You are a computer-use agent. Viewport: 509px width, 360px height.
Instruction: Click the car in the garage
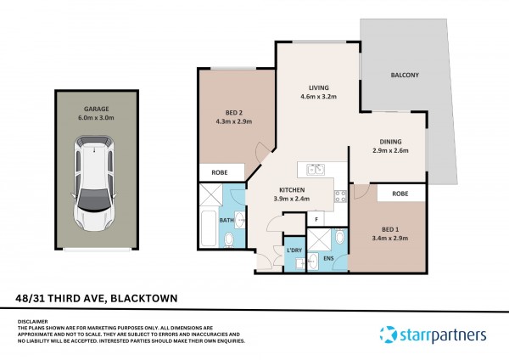pos(94,183)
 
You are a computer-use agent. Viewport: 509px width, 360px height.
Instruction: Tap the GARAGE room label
pos(97,109)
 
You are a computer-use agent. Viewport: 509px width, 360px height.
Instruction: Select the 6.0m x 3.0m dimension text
pos(96,118)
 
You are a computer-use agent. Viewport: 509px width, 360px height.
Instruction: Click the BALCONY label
pos(405,75)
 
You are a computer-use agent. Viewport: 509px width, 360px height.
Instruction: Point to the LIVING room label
pos(318,87)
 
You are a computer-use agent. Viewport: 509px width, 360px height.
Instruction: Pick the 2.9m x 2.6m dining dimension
pos(390,150)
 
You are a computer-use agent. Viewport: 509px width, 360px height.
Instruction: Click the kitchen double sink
pos(316,170)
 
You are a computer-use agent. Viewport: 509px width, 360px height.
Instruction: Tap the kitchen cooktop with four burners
pos(340,196)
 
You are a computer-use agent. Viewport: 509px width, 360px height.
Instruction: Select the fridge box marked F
pos(316,219)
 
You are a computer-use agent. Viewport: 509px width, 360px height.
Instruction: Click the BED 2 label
pos(234,113)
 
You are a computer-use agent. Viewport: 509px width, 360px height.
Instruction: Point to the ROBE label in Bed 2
pos(220,172)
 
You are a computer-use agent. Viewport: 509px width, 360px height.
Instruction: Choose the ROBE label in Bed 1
pos(400,194)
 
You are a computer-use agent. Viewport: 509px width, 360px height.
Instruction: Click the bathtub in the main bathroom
pos(208,228)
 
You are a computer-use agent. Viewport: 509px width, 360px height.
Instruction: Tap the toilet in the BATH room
pos(229,239)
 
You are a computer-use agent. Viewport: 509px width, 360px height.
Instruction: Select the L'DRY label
pos(294,250)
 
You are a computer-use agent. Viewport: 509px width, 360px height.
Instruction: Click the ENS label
pos(328,259)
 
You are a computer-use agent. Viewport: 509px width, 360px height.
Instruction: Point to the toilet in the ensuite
pos(339,237)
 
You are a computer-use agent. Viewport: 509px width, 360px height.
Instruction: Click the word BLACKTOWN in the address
pos(144,298)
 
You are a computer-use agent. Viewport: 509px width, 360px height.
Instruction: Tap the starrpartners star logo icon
pos(389,335)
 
